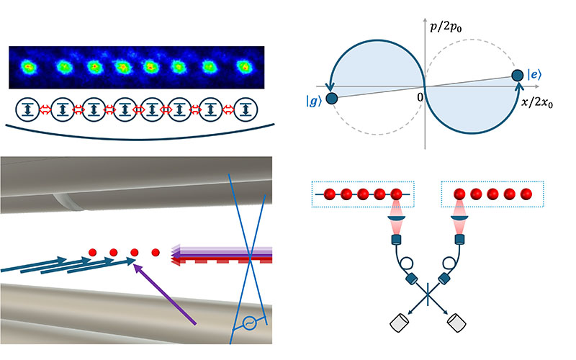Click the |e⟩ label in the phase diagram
click(536, 75)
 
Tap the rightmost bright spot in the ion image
click(243, 67)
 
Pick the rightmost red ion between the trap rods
click(156, 253)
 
